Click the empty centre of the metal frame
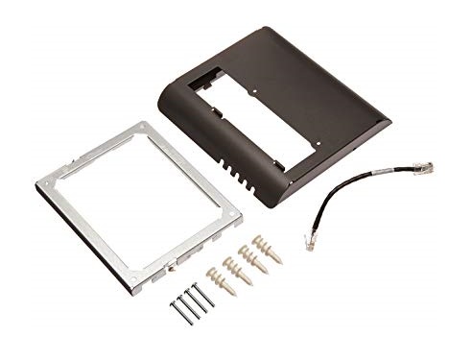(x=144, y=202)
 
